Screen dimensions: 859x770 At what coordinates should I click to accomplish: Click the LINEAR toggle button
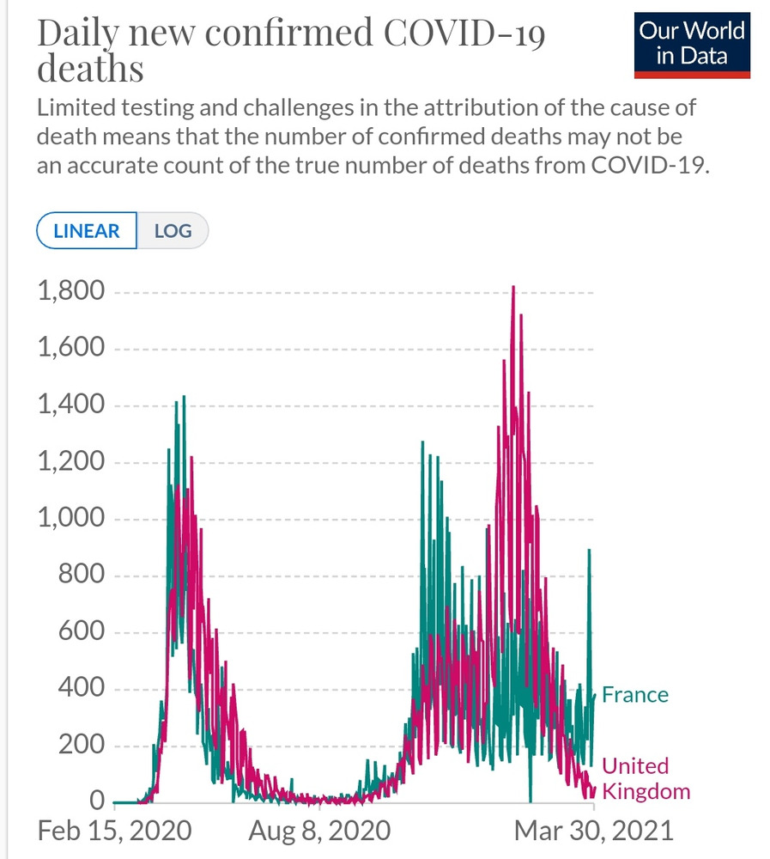[87, 231]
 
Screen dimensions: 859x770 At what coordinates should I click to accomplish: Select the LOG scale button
[173, 231]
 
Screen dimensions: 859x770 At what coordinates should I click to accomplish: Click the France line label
[635, 694]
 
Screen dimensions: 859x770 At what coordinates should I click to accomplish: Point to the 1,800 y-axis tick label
[70, 292]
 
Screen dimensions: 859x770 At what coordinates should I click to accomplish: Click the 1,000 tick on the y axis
[70, 520]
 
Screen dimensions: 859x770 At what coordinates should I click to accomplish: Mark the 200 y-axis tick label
[82, 746]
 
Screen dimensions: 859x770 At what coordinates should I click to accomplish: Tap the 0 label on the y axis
[97, 801]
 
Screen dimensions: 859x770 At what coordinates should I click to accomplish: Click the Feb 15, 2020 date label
[114, 831]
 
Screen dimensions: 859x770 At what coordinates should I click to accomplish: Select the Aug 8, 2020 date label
[319, 831]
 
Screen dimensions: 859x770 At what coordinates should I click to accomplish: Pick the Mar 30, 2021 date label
[594, 831]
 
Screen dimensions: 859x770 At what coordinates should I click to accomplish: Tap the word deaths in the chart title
[90, 68]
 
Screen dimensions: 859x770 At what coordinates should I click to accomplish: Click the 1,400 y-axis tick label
[70, 405]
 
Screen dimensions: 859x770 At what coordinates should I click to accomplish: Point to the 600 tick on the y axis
[82, 633]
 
